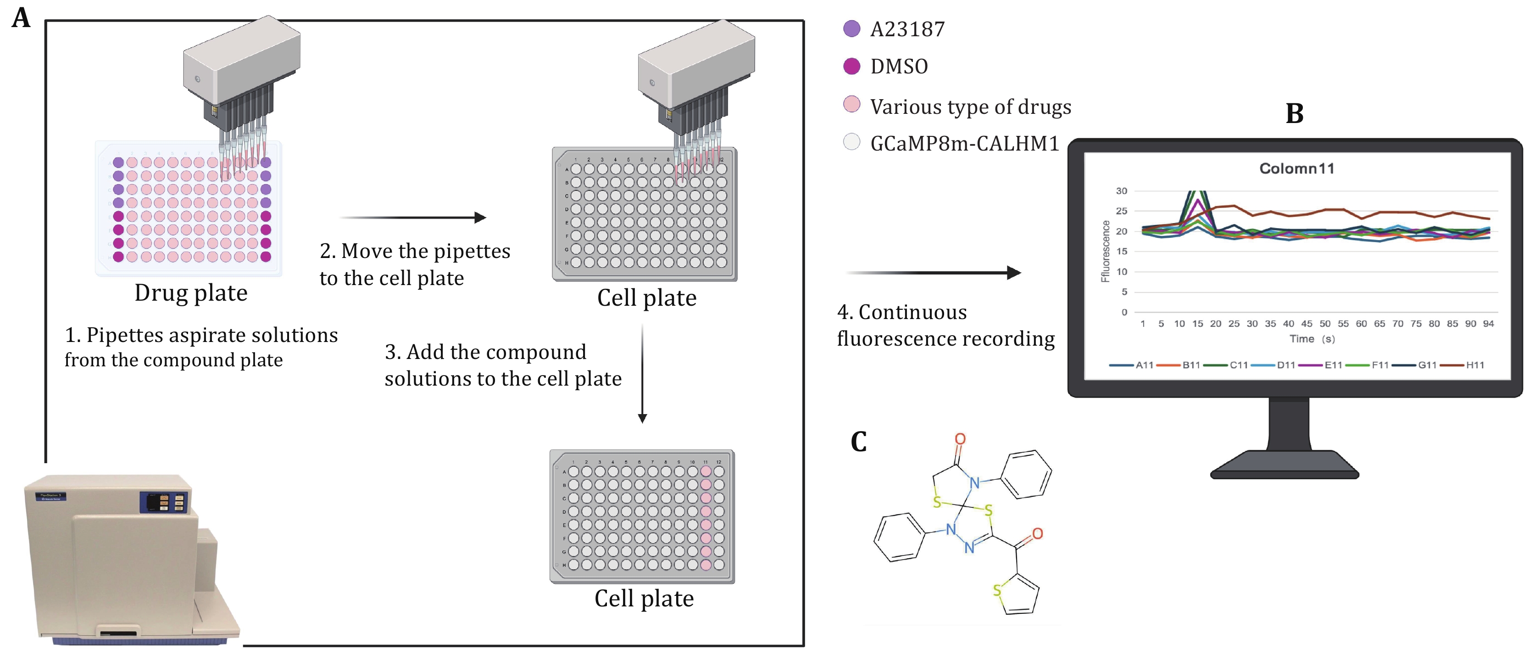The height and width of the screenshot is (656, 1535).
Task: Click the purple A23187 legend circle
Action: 851,28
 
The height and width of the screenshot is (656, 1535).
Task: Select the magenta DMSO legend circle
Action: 851,66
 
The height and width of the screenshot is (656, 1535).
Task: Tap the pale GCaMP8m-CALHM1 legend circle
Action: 851,142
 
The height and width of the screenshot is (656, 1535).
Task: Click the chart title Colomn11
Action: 1296,169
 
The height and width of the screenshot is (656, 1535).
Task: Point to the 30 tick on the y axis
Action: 1122,191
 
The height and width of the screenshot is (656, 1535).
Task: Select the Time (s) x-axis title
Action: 1312,339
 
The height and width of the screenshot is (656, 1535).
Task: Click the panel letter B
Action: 1294,113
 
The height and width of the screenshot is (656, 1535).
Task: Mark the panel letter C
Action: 859,442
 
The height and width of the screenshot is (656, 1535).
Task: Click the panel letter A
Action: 22,18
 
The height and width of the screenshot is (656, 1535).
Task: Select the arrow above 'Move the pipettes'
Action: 413,218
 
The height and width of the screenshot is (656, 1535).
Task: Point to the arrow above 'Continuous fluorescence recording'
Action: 933,273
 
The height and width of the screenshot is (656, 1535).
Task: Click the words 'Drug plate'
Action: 191,293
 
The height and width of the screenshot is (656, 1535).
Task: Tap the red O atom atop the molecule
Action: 960,439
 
